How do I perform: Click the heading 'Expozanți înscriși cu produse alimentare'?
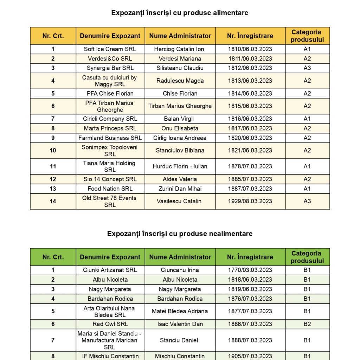point(180,13)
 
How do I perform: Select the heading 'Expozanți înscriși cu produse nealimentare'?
point(180,234)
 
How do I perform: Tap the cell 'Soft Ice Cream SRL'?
point(110,49)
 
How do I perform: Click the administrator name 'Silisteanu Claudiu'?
point(180,68)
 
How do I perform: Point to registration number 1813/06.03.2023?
point(250,81)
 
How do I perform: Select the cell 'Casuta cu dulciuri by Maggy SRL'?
point(110,81)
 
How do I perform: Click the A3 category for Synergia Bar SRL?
point(307,68)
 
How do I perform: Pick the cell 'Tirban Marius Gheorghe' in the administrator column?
point(180,106)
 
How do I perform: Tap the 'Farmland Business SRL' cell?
point(110,138)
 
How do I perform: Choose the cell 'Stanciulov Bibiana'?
point(180,150)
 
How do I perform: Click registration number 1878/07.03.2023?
point(250,166)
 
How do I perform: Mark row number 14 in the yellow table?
point(53,201)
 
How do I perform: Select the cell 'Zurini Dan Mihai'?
point(180,189)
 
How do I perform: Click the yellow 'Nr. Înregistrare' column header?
point(250,36)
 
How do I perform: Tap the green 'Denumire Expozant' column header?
point(110,257)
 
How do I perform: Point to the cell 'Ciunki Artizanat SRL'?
point(110,270)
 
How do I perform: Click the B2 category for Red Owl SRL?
point(307,324)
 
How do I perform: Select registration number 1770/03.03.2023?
point(250,270)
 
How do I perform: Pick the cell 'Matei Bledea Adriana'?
point(180,311)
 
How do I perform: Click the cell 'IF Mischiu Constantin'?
point(110,356)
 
